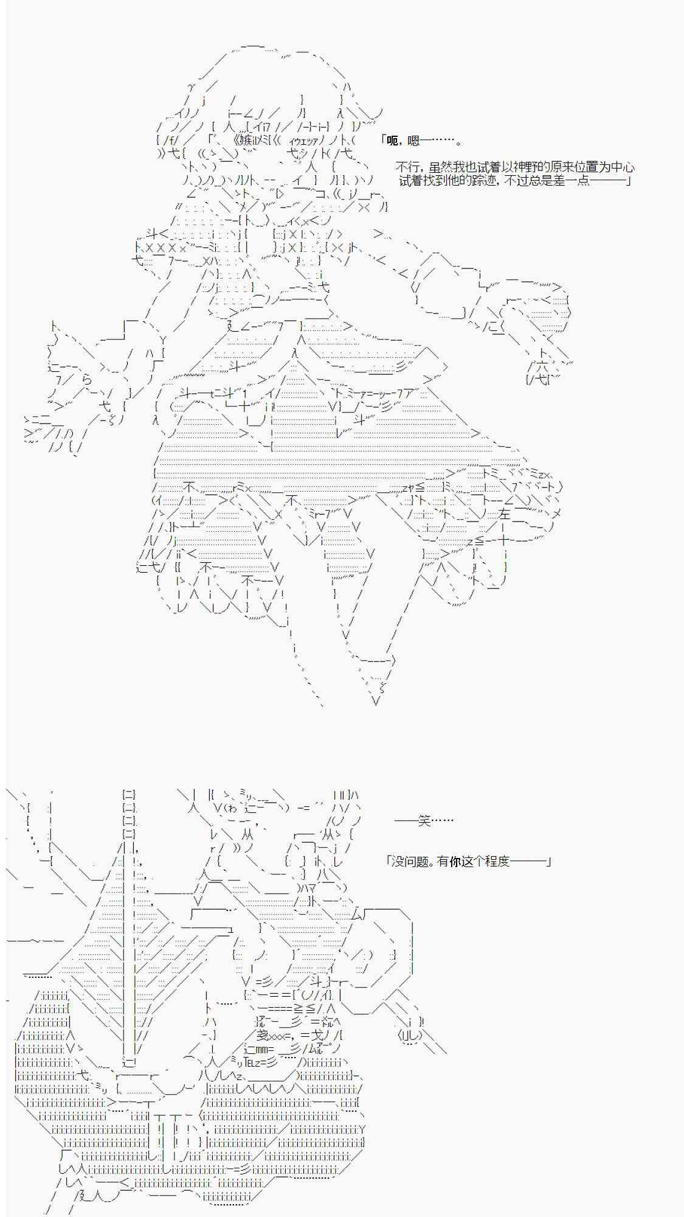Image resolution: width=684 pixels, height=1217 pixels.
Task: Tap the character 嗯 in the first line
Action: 413,141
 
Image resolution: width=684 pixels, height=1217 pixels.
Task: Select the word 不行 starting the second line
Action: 407,167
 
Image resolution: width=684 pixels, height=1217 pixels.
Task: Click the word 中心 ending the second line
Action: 623,167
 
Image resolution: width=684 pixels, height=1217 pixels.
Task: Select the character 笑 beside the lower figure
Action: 424,821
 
